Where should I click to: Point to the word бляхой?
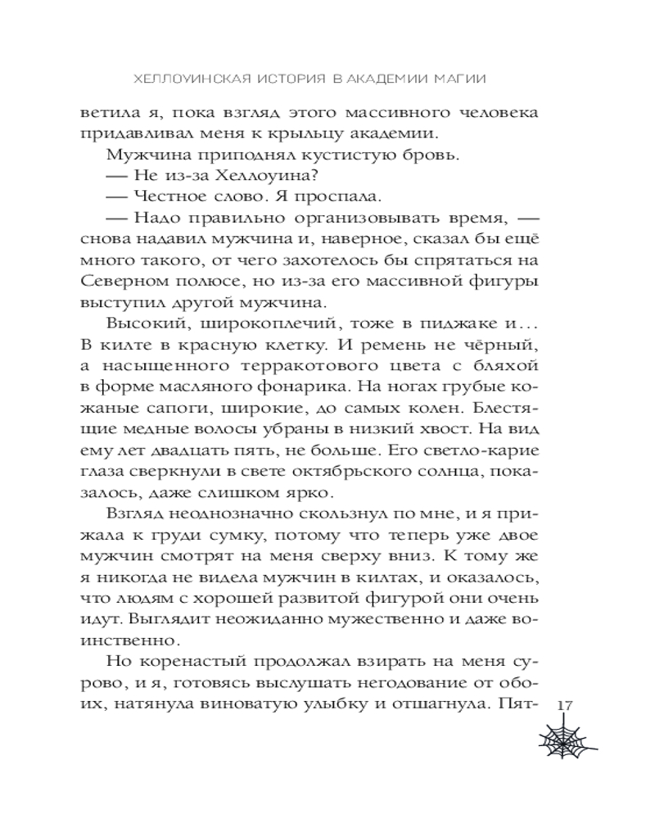point(505,365)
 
